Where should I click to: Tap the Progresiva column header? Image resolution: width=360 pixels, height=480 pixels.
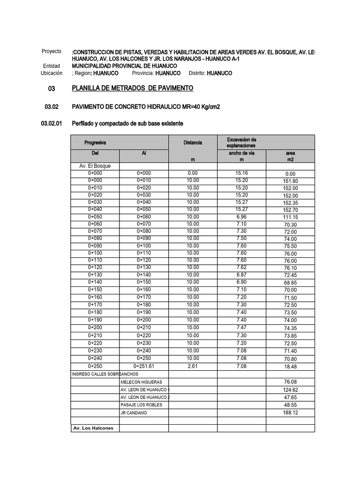95,142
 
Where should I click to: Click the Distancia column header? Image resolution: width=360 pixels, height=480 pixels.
193,142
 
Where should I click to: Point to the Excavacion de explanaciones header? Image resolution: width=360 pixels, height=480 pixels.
241,142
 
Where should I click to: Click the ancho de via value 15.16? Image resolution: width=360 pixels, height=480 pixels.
241,173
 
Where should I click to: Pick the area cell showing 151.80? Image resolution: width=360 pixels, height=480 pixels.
290,181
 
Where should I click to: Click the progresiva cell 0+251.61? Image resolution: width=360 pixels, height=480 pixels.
144,366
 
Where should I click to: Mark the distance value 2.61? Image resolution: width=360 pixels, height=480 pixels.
193,366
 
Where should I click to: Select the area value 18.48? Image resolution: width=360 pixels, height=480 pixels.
290,366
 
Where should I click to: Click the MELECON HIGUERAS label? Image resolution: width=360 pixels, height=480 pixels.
141,382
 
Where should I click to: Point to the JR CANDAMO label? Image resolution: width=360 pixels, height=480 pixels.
134,412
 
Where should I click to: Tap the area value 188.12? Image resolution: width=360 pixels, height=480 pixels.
290,412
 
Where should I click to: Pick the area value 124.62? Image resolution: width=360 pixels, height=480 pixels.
290,390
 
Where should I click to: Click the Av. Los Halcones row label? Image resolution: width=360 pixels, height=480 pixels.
94,428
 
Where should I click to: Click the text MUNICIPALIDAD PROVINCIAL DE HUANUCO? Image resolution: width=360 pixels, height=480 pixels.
124,66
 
